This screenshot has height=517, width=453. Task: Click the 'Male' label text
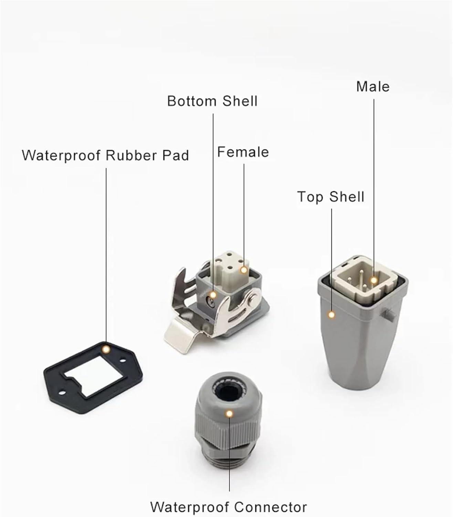pos(373,87)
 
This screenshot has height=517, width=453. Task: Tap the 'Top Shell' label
pos(330,197)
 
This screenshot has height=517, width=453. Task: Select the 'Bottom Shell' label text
pos(212,101)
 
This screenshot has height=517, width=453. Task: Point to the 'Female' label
pos(243,152)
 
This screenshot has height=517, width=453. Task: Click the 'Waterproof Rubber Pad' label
pos(105,155)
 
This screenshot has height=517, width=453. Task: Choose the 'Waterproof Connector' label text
pos(228,507)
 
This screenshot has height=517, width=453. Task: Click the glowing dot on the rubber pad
pos(106,349)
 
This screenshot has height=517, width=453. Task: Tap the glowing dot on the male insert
pos(374,280)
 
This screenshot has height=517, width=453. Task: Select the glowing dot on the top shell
pos(331,315)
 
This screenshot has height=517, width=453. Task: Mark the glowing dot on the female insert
pos(244,270)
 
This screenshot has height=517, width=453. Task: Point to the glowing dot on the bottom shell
pos(213,295)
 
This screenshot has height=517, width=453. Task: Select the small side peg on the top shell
pos(388,314)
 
